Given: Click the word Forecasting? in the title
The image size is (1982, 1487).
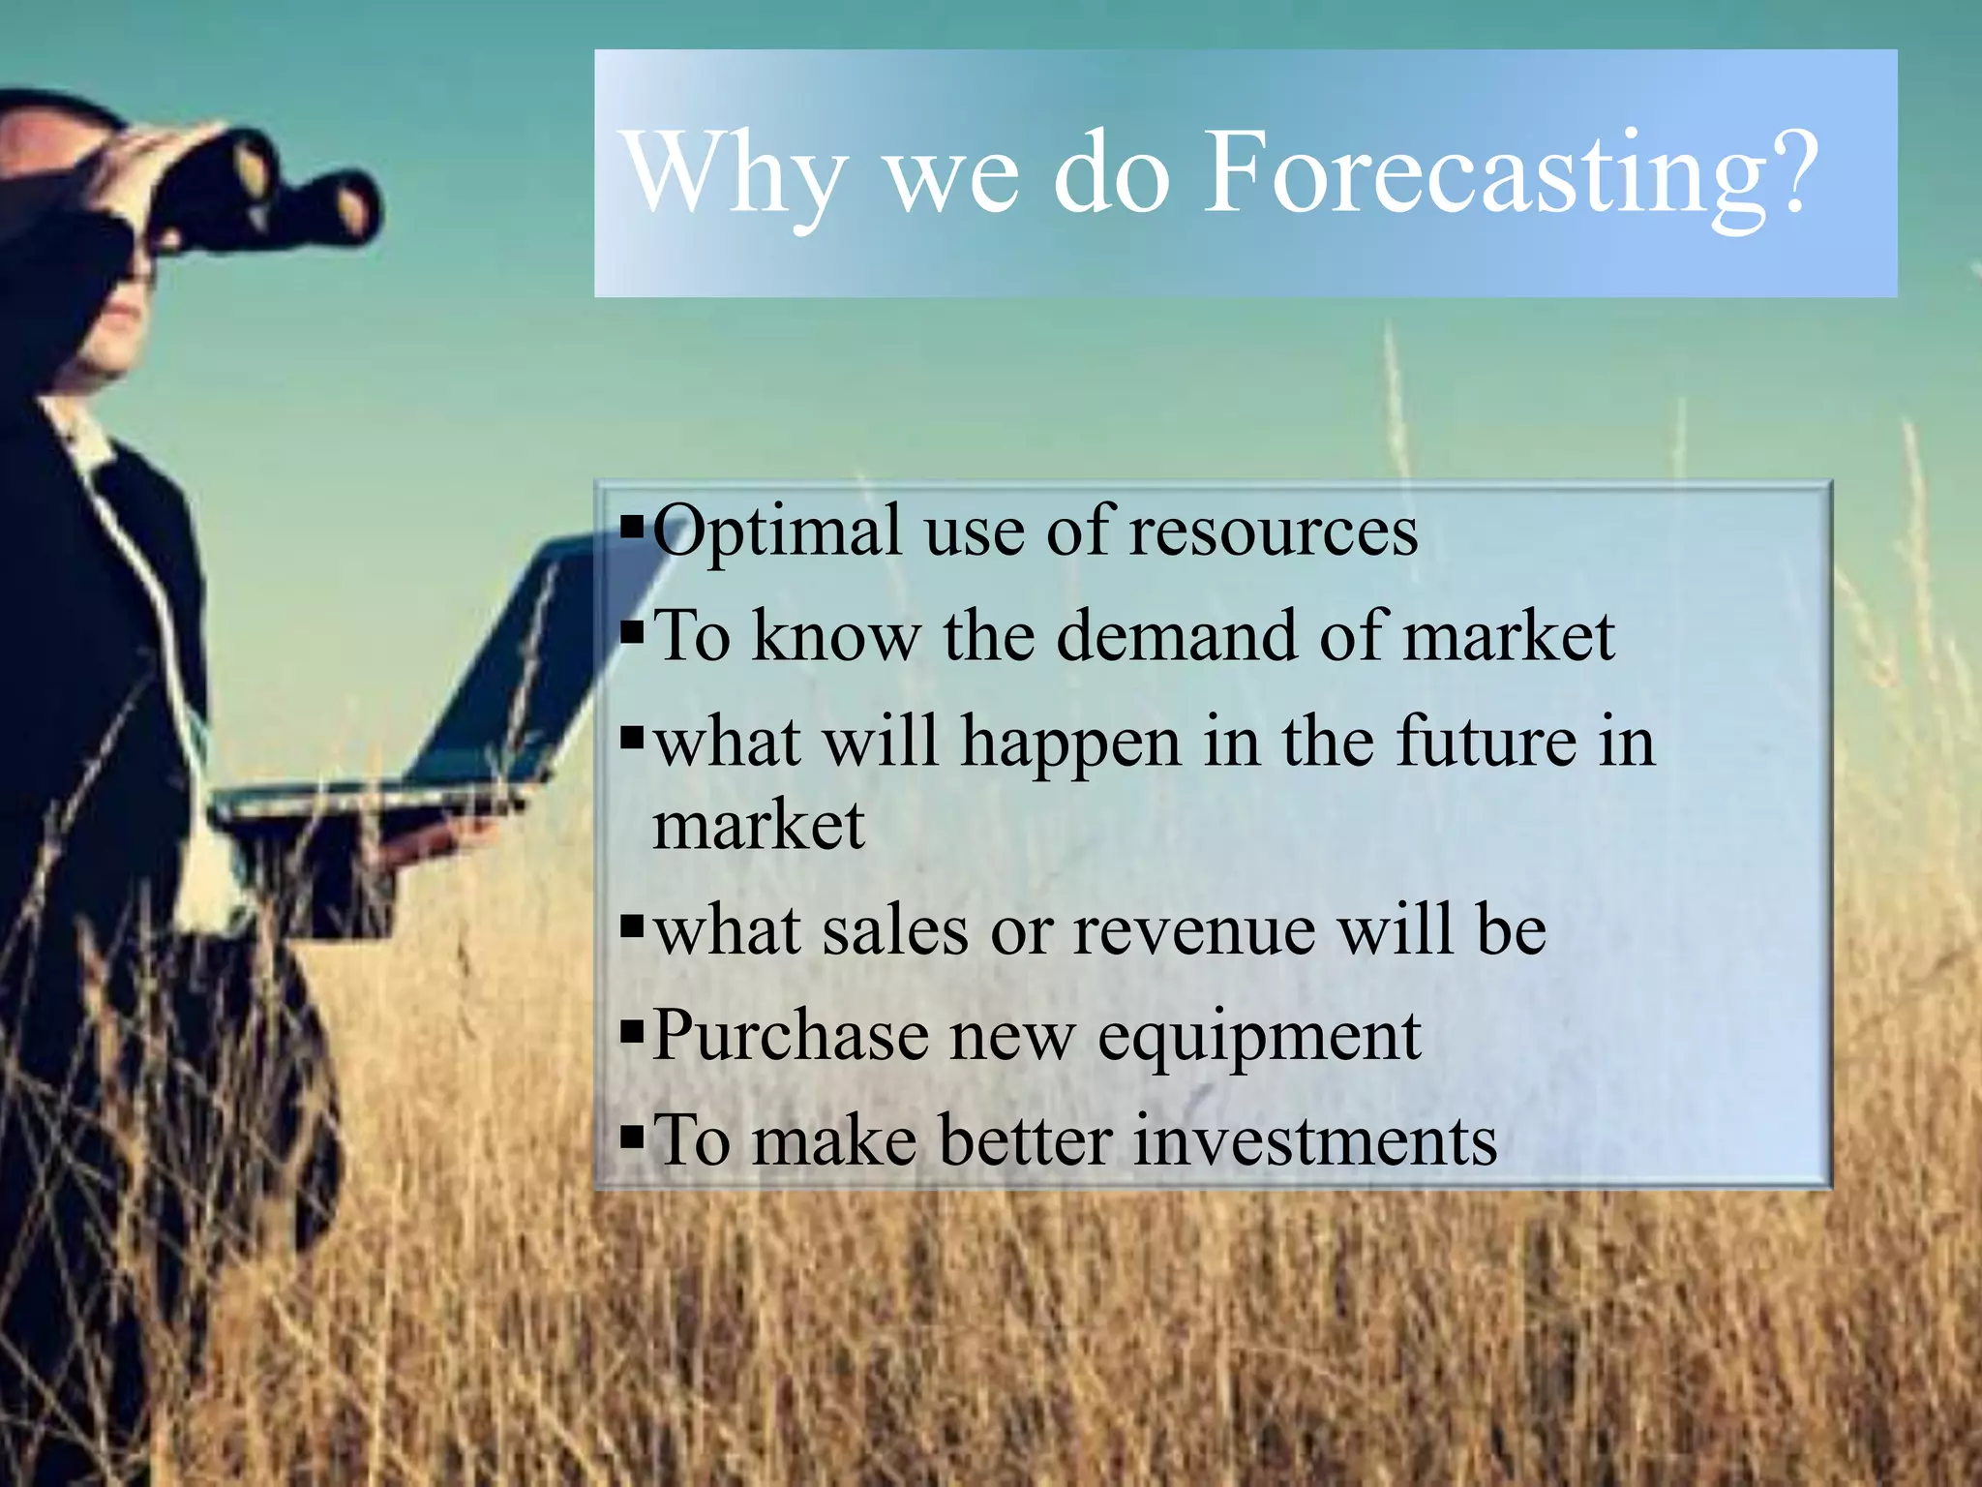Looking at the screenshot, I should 1510,174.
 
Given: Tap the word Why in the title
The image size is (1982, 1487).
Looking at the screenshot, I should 736,174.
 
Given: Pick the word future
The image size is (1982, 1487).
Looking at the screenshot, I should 1486,742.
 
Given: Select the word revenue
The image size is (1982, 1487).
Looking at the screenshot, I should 1194,931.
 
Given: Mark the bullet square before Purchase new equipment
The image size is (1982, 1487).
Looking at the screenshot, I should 632,1033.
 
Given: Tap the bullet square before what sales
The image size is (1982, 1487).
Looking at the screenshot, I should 632,926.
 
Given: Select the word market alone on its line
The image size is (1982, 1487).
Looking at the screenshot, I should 758,828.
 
